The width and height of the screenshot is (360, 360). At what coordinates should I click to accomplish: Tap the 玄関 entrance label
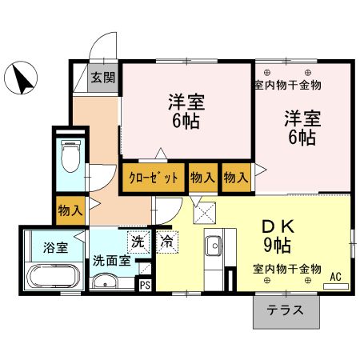(x=102, y=78)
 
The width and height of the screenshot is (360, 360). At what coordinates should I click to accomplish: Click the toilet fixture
(x=70, y=158)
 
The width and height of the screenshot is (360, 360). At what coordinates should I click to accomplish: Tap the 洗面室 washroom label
(x=109, y=260)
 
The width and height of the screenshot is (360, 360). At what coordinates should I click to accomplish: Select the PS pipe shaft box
(x=146, y=284)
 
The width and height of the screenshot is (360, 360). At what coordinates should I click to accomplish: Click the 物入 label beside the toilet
(x=70, y=210)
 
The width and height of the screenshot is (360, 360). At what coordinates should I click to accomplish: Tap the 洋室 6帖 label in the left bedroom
(x=185, y=112)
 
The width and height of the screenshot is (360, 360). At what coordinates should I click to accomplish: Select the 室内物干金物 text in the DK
(x=287, y=268)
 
